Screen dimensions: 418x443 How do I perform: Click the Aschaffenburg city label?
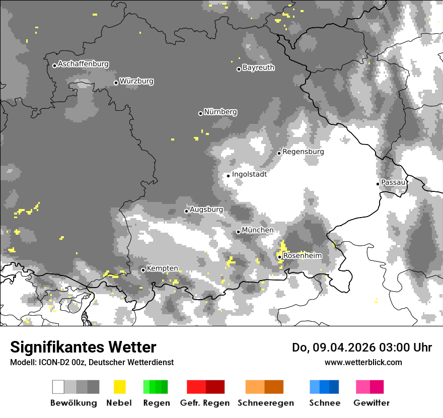pos(83,64)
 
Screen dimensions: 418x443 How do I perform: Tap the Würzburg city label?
pos(136,81)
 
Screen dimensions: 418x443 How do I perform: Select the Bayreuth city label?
pos(258,67)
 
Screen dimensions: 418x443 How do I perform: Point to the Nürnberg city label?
pos(220,112)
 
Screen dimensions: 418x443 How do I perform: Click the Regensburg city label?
pos(303,152)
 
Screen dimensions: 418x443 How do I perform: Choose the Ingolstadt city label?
pos(249,174)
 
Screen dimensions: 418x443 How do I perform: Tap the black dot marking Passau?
pos(378,184)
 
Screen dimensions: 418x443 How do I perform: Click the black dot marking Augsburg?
pos(186,211)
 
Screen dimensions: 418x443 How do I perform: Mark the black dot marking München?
pos(238,232)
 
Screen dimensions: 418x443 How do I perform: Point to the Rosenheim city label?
pos(302,256)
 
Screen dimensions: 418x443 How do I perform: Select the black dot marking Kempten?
pos(143,270)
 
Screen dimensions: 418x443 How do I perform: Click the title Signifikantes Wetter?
pos(83,347)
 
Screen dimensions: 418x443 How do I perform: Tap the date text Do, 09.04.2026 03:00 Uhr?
pos(361,347)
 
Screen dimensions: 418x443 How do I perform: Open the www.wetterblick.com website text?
pos(363,363)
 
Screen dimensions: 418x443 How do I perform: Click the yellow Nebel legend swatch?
pos(119,387)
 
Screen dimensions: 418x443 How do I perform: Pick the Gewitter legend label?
pos(371,403)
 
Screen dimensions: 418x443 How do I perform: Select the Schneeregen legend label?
pos(265,403)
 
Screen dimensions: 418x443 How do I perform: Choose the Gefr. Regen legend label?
pos(205,403)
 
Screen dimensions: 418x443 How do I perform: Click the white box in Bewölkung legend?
pos(58,387)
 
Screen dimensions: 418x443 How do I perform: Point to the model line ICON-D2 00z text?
pos(92,363)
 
